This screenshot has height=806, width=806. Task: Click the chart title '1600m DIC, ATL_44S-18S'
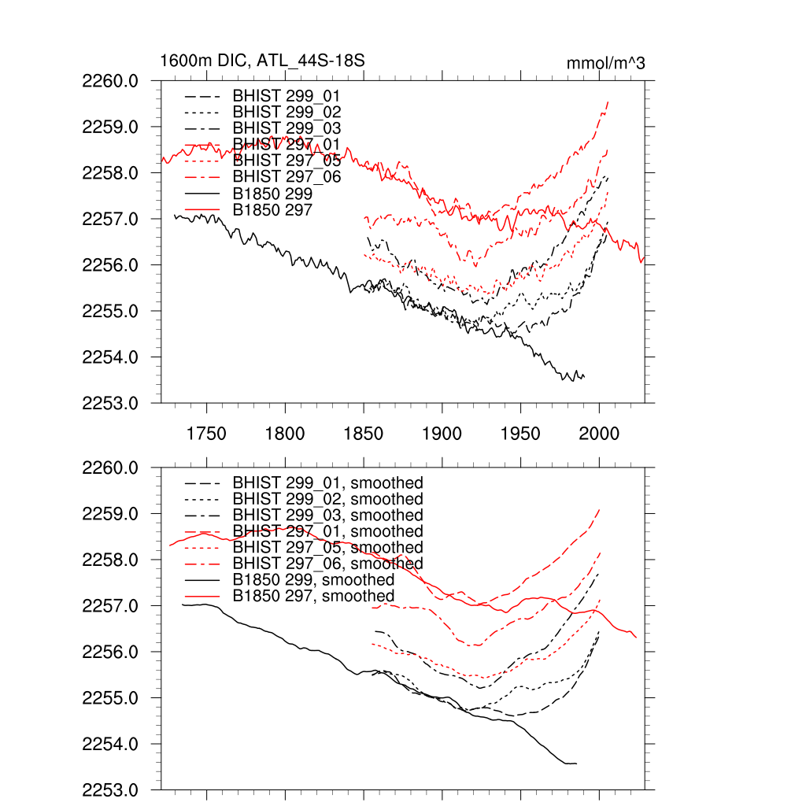pyautogui.click(x=262, y=61)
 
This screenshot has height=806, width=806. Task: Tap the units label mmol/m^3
pyautogui.click(x=605, y=62)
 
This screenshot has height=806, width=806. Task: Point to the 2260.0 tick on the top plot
pyautogui.click(x=116, y=81)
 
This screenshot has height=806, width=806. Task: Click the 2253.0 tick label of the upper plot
pyautogui.click(x=116, y=404)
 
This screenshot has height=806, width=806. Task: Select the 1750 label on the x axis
pyautogui.click(x=207, y=434)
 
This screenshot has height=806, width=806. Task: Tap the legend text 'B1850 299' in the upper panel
pyautogui.click(x=272, y=193)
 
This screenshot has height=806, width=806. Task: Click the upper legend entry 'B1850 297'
pyautogui.click(x=272, y=209)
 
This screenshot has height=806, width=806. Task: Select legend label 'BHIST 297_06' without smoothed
pyautogui.click(x=287, y=176)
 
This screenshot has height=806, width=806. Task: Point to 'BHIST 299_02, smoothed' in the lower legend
pyautogui.click(x=327, y=499)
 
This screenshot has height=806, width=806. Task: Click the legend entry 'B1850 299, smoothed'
pyautogui.click(x=313, y=580)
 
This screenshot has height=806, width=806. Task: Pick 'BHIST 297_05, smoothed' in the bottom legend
pyautogui.click(x=327, y=547)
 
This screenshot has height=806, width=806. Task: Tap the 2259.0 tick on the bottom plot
pyautogui.click(x=116, y=514)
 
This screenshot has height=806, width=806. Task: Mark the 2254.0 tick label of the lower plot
pyautogui.click(x=116, y=745)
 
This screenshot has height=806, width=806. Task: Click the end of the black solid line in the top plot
pyautogui.click(x=584, y=377)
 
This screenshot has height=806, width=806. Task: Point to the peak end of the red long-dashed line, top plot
pyautogui.click(x=608, y=102)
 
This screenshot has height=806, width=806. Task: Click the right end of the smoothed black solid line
pyautogui.click(x=577, y=763)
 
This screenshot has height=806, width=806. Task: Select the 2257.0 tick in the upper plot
pyautogui.click(x=116, y=219)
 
